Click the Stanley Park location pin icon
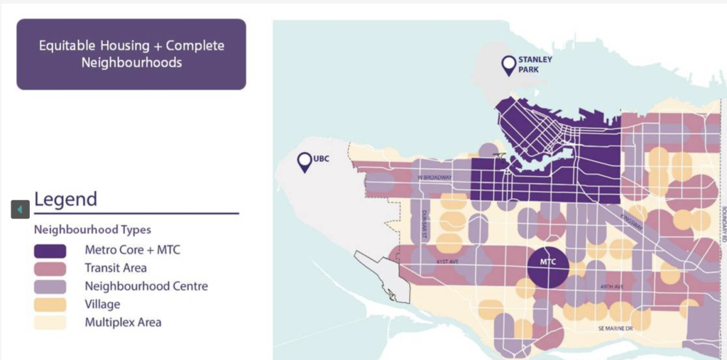click(508, 65)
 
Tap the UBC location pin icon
click(305, 162)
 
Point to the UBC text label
click(324, 156)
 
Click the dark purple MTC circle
click(549, 268)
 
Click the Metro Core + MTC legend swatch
click(50, 251)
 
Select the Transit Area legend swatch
click(50, 268)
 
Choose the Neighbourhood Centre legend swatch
click(50, 287)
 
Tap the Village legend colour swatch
click(50, 305)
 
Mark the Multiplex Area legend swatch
click(50, 322)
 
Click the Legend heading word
click(65, 200)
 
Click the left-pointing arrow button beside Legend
click(20, 209)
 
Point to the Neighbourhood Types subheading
click(92, 230)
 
